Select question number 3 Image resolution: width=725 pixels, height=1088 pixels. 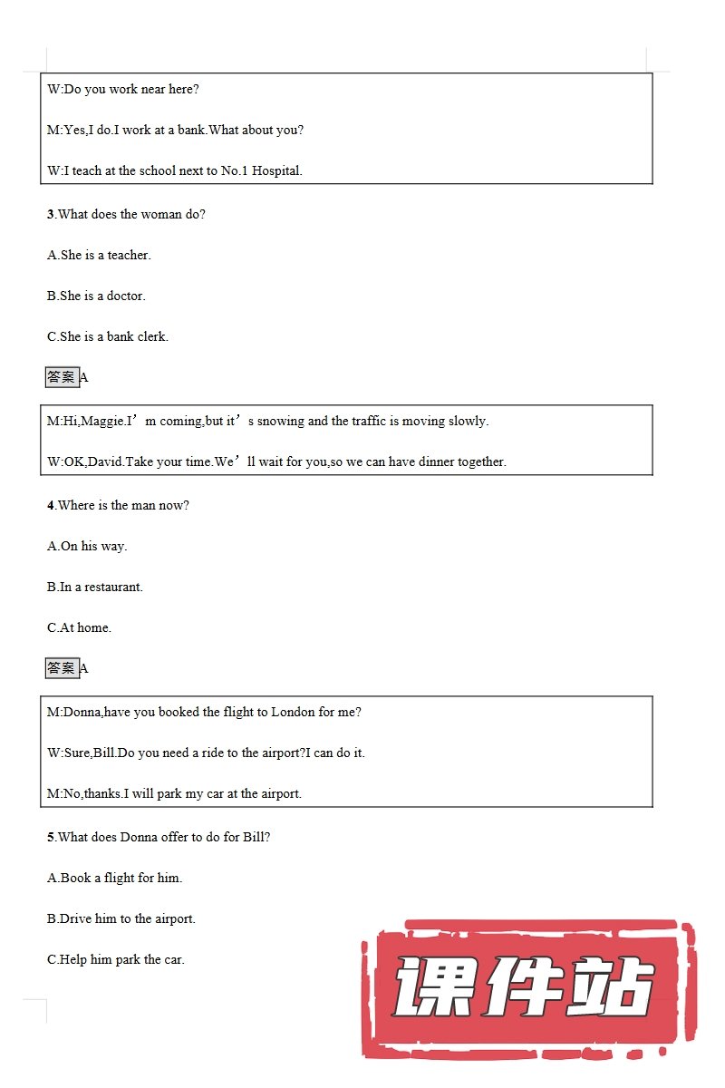pyautogui.click(x=51, y=215)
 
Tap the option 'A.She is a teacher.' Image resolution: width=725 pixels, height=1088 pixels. pyautogui.click(x=99, y=256)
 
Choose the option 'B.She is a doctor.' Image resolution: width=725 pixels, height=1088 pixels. pyautogui.click(x=96, y=296)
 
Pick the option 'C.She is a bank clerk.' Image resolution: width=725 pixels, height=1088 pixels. pyautogui.click(x=108, y=337)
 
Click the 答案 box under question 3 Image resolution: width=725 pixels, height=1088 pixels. pyautogui.click(x=62, y=377)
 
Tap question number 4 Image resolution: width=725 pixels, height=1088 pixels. pyautogui.click(x=51, y=506)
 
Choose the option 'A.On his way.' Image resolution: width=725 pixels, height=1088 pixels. pyautogui.click(x=87, y=547)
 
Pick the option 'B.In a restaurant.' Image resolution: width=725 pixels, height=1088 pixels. pyautogui.click(x=95, y=588)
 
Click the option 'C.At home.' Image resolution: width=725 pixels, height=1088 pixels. pyautogui.click(x=79, y=628)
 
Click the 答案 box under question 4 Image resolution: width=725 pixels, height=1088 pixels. pyautogui.click(x=62, y=668)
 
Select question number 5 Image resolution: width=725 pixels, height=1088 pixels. pyautogui.click(x=51, y=838)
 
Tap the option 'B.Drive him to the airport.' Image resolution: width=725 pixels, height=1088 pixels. pyautogui.click(x=121, y=919)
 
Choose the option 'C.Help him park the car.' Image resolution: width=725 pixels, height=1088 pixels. pyautogui.click(x=116, y=960)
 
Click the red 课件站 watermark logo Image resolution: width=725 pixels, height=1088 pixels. pyautogui.click(x=526, y=988)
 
